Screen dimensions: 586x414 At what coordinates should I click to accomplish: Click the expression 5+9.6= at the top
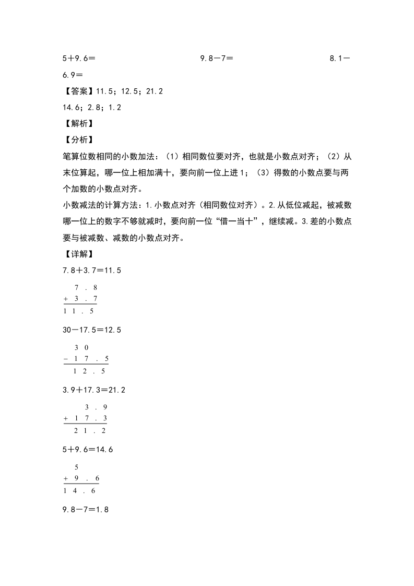pyautogui.click(x=78, y=59)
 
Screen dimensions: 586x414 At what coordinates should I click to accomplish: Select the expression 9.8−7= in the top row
pyautogui.click(x=217, y=59)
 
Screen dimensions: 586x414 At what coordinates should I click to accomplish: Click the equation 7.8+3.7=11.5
pyautogui.click(x=92, y=271)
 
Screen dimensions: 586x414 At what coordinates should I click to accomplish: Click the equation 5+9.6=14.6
pyautogui.click(x=88, y=450)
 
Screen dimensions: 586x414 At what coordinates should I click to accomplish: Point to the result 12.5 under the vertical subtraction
pyautogui.click(x=89, y=371)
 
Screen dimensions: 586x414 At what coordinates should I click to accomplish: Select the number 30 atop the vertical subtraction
pyautogui.click(x=81, y=348)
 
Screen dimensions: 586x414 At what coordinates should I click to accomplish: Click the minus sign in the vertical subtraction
pyautogui.click(x=66, y=359)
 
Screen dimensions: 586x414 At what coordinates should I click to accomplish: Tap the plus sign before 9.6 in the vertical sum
pyautogui.click(x=66, y=479)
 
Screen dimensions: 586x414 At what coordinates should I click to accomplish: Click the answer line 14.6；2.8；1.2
pyautogui.click(x=92, y=108)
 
